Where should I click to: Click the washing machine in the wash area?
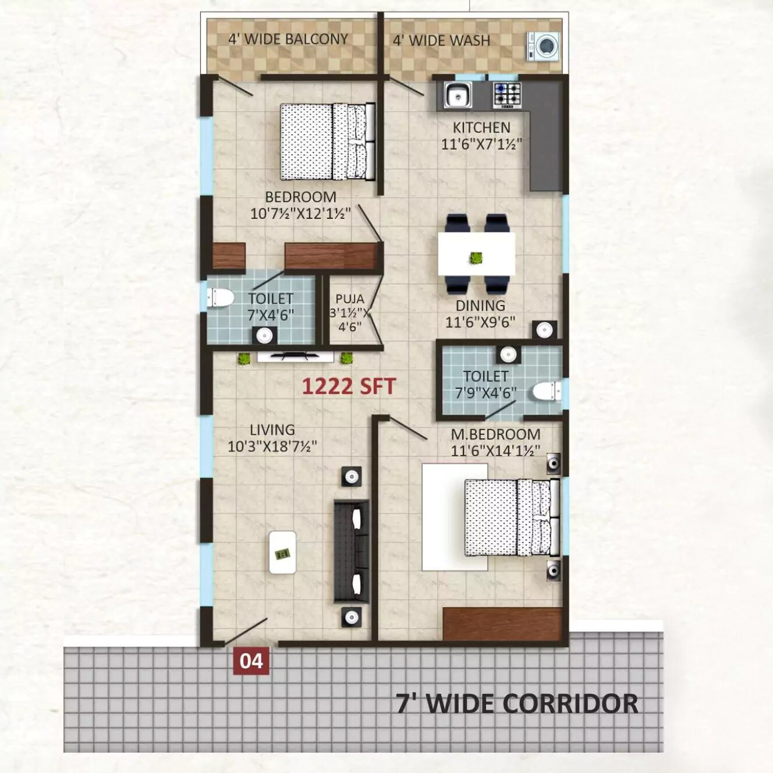pos(544,46)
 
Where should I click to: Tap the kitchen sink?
pos(458,95)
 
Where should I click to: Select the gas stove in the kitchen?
pos(507,95)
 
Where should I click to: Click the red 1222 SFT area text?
pos(349,386)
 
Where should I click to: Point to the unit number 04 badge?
pos(251,662)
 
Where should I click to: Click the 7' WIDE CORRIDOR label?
pos(517,704)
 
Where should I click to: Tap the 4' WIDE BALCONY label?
pos(288,40)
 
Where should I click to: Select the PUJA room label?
pos(349,299)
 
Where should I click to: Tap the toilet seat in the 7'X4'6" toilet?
pos(220,297)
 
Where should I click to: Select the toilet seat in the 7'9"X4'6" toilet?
pos(545,391)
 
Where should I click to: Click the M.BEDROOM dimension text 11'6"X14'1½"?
pos(495,451)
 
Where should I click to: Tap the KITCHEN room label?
pos(481,127)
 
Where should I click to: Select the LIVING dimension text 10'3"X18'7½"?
pos(272,446)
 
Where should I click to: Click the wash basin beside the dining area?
pos(544,329)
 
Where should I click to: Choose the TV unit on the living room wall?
pos(295,356)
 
